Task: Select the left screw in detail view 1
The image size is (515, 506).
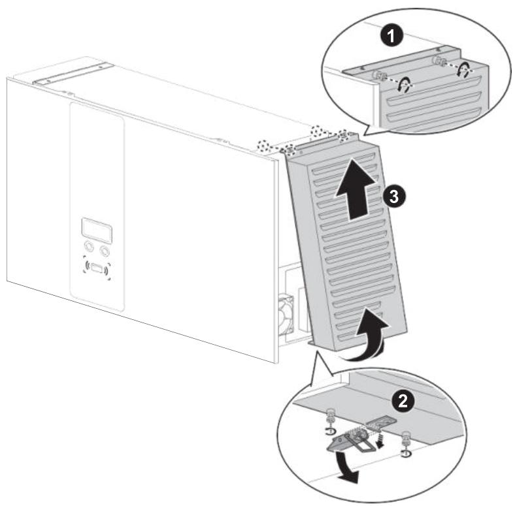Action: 377,74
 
